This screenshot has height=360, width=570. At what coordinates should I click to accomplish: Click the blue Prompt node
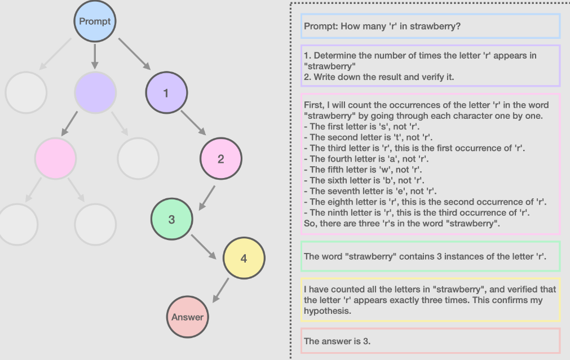(x=95, y=21)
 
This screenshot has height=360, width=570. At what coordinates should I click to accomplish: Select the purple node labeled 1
(x=166, y=94)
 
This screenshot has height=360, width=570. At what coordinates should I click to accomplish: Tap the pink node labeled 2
(x=220, y=159)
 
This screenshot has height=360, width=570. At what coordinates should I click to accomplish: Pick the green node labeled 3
(x=171, y=220)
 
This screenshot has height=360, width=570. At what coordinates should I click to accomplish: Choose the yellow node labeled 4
(x=244, y=259)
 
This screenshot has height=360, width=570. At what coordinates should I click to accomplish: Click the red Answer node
(x=188, y=317)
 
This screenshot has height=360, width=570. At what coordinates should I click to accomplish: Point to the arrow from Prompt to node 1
(x=134, y=53)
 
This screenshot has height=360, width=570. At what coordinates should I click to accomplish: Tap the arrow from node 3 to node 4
(x=204, y=246)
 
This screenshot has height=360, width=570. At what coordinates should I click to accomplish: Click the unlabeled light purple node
(x=95, y=92)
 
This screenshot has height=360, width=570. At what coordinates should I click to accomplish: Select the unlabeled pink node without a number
(x=55, y=158)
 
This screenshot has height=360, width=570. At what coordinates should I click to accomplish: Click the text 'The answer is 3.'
(x=337, y=341)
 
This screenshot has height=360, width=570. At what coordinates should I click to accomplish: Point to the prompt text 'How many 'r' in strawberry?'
(x=382, y=26)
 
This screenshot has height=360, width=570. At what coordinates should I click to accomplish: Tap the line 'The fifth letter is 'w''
(x=363, y=170)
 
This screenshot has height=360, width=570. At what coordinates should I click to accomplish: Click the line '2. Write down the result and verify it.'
(x=379, y=77)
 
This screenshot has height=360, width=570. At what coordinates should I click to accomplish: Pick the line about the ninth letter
(x=419, y=212)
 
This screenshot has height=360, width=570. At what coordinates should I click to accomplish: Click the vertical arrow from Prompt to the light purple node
(x=95, y=56)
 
